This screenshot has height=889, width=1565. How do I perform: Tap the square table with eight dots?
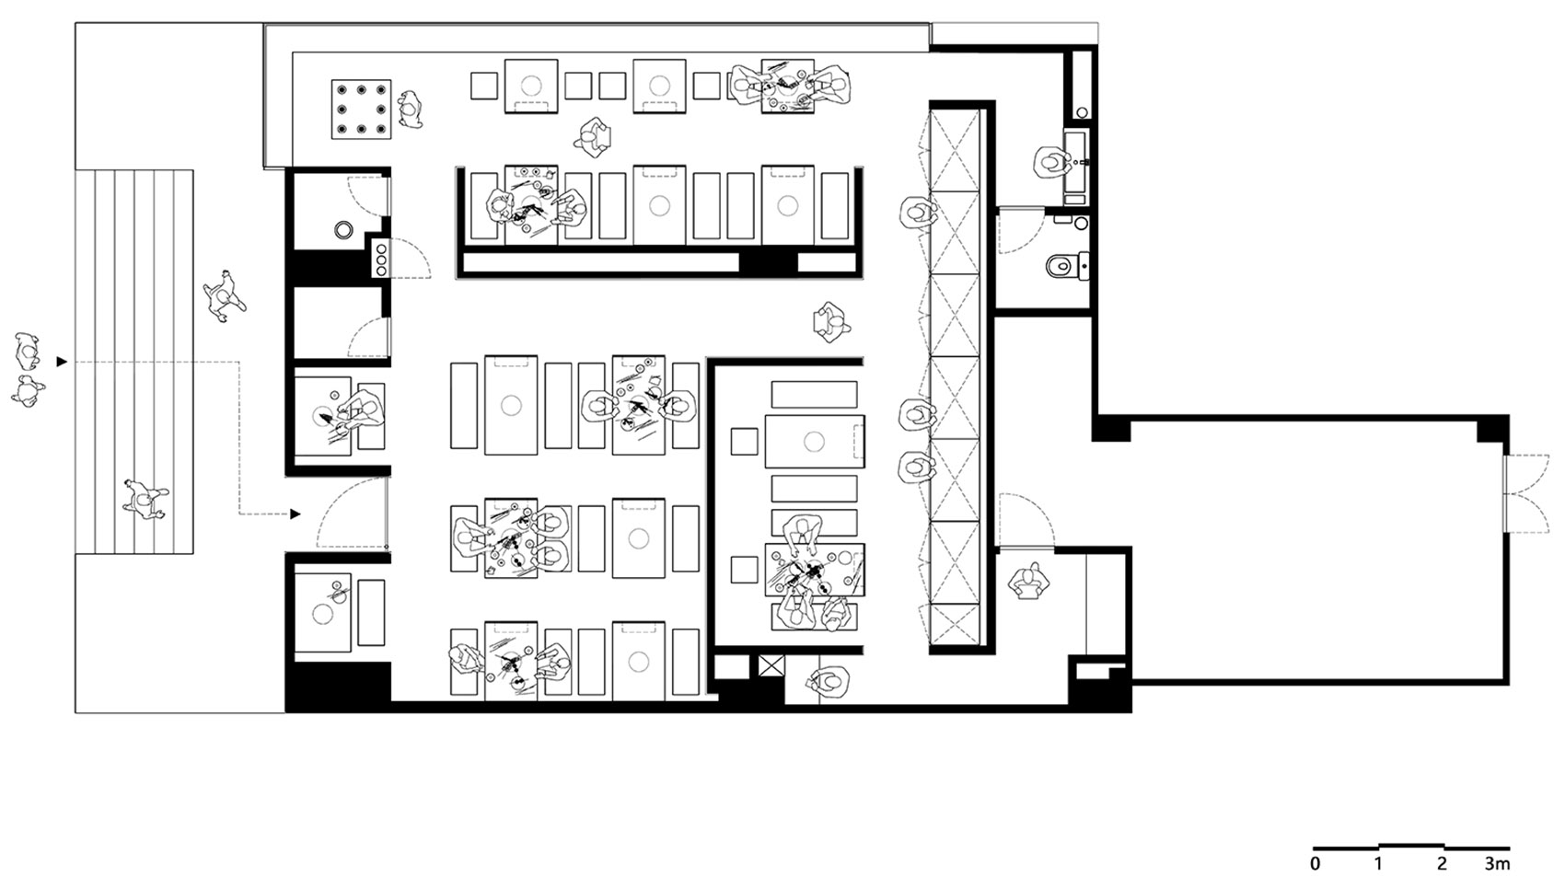click(361, 109)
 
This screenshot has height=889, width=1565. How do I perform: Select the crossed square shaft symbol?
click(771, 665)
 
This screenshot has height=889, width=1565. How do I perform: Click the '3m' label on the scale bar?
click(1497, 864)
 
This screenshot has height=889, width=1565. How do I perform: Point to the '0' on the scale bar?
click(1315, 864)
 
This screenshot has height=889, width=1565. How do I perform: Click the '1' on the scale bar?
click(1378, 864)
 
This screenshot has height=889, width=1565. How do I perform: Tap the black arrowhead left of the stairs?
click(63, 362)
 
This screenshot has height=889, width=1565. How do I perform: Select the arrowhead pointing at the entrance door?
click(296, 514)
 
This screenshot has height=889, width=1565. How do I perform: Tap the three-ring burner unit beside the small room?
click(381, 259)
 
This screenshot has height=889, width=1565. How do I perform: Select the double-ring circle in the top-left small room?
click(343, 229)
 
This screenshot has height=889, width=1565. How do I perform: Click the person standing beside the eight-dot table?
click(411, 110)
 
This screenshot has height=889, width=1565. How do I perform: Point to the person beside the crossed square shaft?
click(830, 682)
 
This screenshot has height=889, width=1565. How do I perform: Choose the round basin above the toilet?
click(1082, 224)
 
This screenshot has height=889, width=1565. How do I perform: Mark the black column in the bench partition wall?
click(769, 261)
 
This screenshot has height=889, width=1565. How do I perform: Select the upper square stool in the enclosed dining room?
click(744, 442)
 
